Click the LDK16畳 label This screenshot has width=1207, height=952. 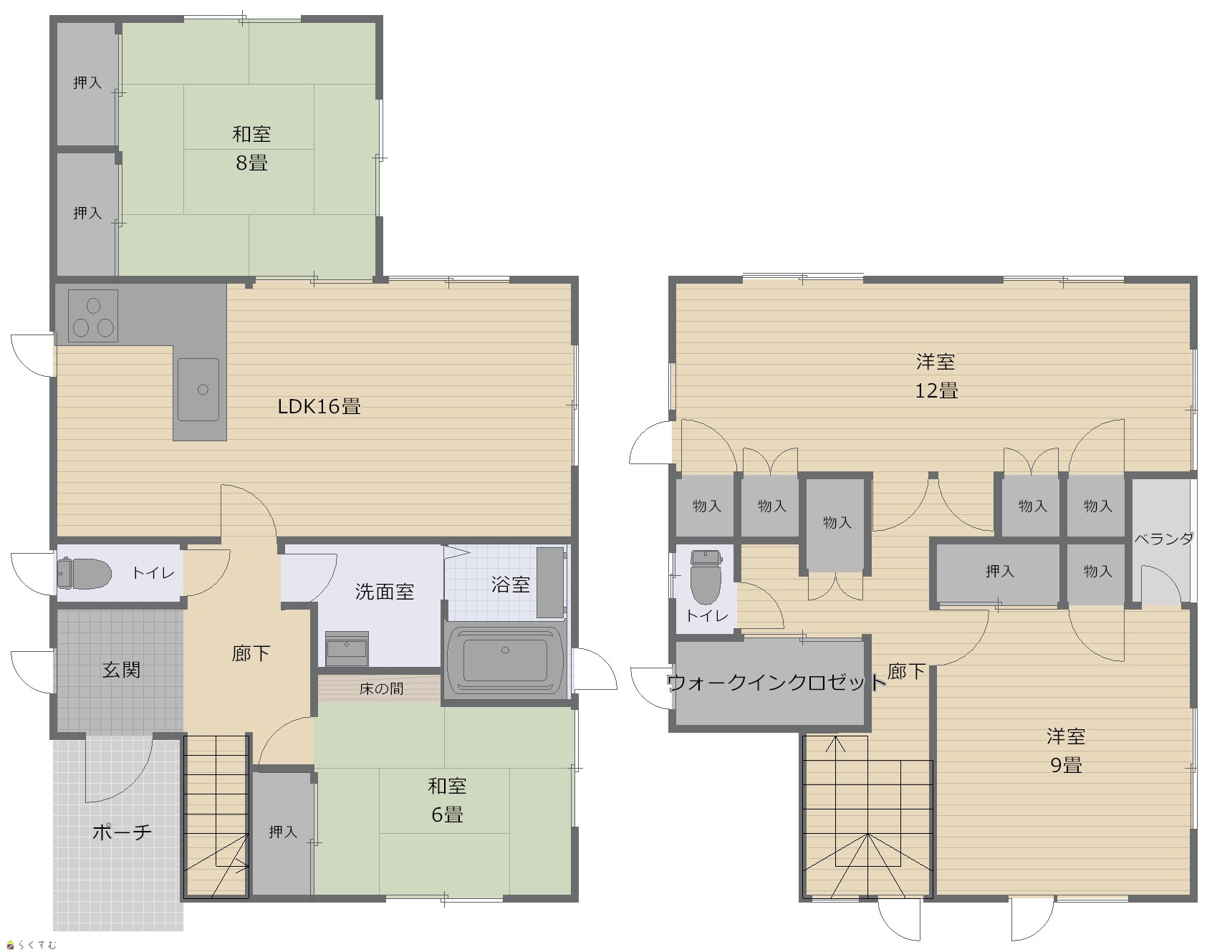click(x=319, y=407)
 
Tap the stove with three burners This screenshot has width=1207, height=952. click(x=93, y=316)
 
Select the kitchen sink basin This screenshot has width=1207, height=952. click(x=198, y=390)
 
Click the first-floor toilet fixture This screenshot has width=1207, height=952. click(x=84, y=573)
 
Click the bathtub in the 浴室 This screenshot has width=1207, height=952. click(x=505, y=660)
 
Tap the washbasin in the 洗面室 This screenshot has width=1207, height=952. click(x=347, y=648)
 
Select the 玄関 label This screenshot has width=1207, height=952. click(x=121, y=670)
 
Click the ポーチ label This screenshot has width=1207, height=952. click(x=122, y=832)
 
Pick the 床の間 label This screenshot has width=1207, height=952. click(x=381, y=688)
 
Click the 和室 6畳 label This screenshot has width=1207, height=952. click(x=447, y=800)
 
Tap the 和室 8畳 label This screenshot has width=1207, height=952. click(x=251, y=148)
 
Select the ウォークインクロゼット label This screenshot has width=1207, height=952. click(x=776, y=682)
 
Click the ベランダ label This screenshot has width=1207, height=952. click(x=1163, y=539)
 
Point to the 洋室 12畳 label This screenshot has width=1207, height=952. click(x=936, y=376)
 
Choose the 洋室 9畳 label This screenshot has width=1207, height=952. click(x=1066, y=750)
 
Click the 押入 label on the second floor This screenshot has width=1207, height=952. click(x=999, y=571)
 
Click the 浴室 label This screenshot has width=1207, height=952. click(x=511, y=584)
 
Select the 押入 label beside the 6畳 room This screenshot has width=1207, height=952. click(x=283, y=832)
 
